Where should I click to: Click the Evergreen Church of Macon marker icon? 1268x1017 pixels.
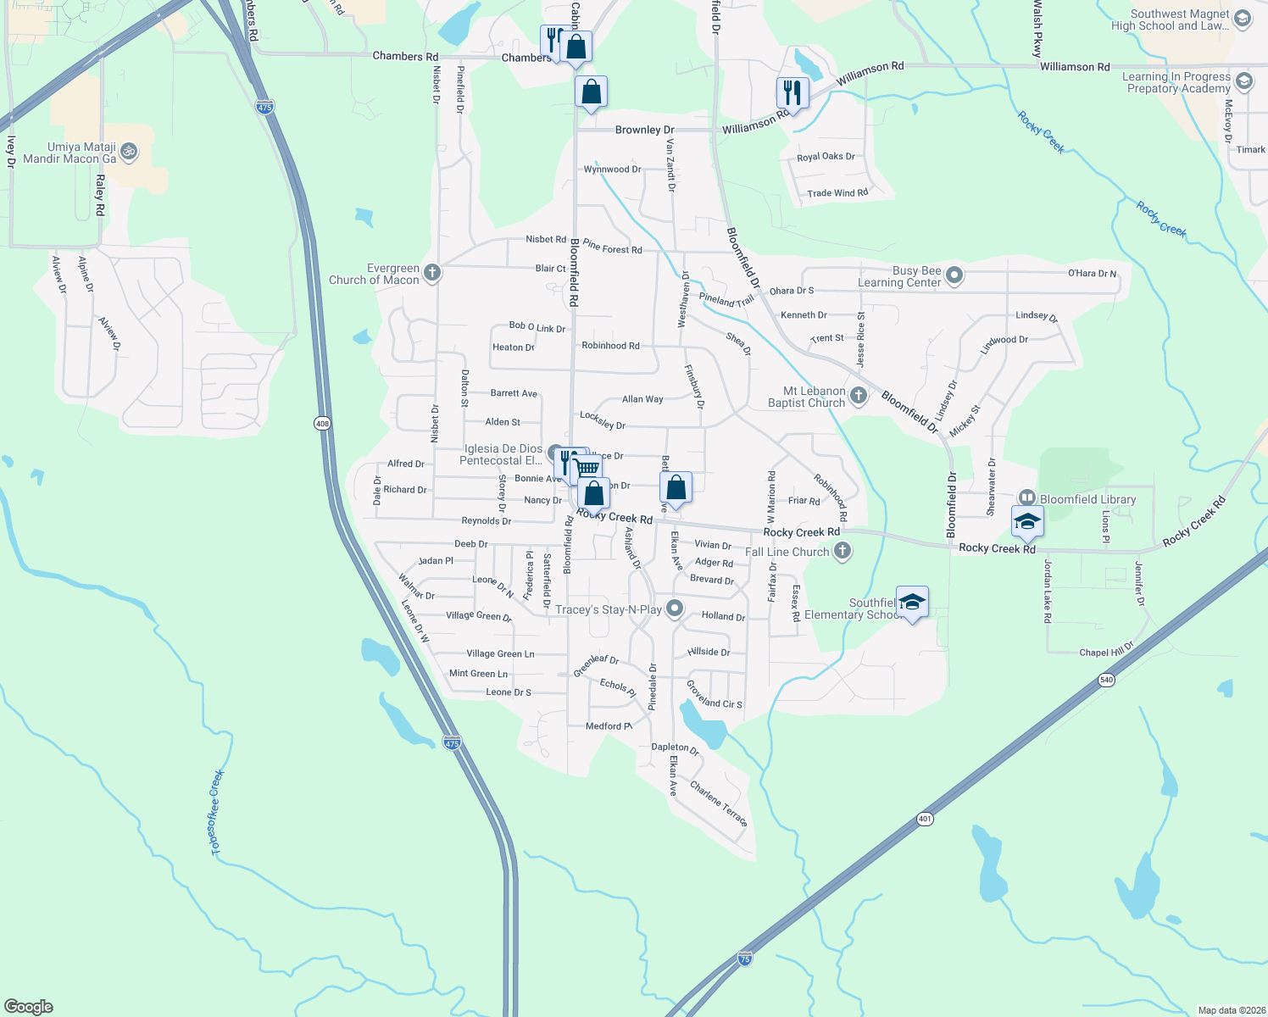pos(432,273)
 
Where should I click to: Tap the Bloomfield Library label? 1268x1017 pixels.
pos(1088,499)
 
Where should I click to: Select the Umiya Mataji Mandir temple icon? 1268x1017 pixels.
pos(129,153)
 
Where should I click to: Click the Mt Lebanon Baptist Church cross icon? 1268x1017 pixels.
pos(859,396)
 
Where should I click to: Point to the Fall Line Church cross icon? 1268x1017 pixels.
pos(842,552)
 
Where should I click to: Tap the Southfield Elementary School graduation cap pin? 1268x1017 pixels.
pos(912,603)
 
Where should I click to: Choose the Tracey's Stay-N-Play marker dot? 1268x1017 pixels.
pos(675,609)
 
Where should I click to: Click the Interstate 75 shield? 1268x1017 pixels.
pos(744,959)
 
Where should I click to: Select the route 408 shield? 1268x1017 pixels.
pos(322,424)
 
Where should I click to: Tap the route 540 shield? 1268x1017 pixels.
pos(1105,680)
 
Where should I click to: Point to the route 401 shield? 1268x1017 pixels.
pos(924,820)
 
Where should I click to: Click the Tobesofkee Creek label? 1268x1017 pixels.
pos(217,812)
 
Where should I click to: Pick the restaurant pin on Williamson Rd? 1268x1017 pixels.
pos(792,92)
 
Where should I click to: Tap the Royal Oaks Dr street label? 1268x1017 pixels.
pos(826,157)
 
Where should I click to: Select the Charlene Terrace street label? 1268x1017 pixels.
pos(719,803)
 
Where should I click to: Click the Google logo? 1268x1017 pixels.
pos(29,1006)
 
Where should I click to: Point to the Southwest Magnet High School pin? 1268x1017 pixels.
pos(1243,19)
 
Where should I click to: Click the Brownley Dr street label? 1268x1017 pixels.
pos(644,130)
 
